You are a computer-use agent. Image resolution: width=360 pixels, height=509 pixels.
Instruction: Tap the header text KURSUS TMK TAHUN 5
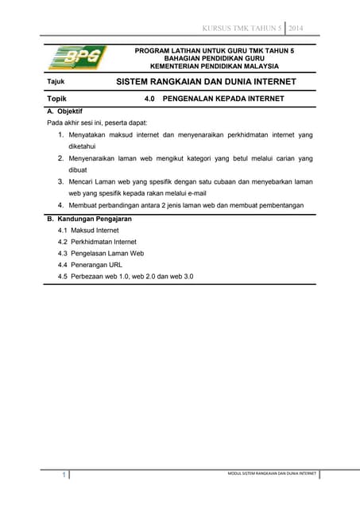point(242,29)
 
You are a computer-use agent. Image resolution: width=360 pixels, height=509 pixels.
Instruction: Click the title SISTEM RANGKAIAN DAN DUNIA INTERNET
point(206,82)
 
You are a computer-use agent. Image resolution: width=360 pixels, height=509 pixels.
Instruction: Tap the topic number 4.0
point(150,99)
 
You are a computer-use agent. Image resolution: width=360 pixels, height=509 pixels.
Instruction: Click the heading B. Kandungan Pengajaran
point(89,218)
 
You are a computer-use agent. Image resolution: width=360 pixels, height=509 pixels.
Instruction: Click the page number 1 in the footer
point(63,475)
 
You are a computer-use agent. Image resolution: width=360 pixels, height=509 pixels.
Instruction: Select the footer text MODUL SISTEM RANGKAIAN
point(268,473)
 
